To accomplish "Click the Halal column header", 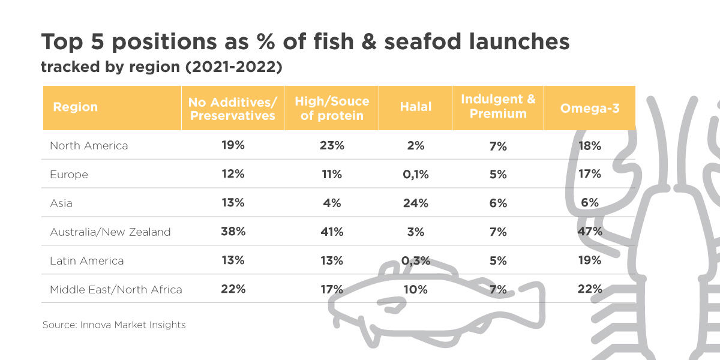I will point(415,107).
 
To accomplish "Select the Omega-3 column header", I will point(589,107).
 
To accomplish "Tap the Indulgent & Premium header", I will point(498,107).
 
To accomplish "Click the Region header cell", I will point(75,107).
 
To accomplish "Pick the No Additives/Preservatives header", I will point(232,108).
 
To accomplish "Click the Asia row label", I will point(61,203).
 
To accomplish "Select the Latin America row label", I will point(86,260).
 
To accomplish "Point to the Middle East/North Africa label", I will point(116,289).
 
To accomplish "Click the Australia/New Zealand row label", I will point(110,232).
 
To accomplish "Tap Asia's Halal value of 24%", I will point(415,203).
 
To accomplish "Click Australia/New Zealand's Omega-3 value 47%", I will point(589,232).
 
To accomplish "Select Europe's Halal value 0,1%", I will point(415,174).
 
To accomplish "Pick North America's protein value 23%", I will point(331,145).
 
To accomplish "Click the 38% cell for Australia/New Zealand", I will point(232,232).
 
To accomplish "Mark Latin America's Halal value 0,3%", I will point(415,260).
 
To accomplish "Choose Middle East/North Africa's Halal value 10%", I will point(415,289).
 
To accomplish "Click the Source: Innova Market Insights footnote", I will point(114,325).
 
